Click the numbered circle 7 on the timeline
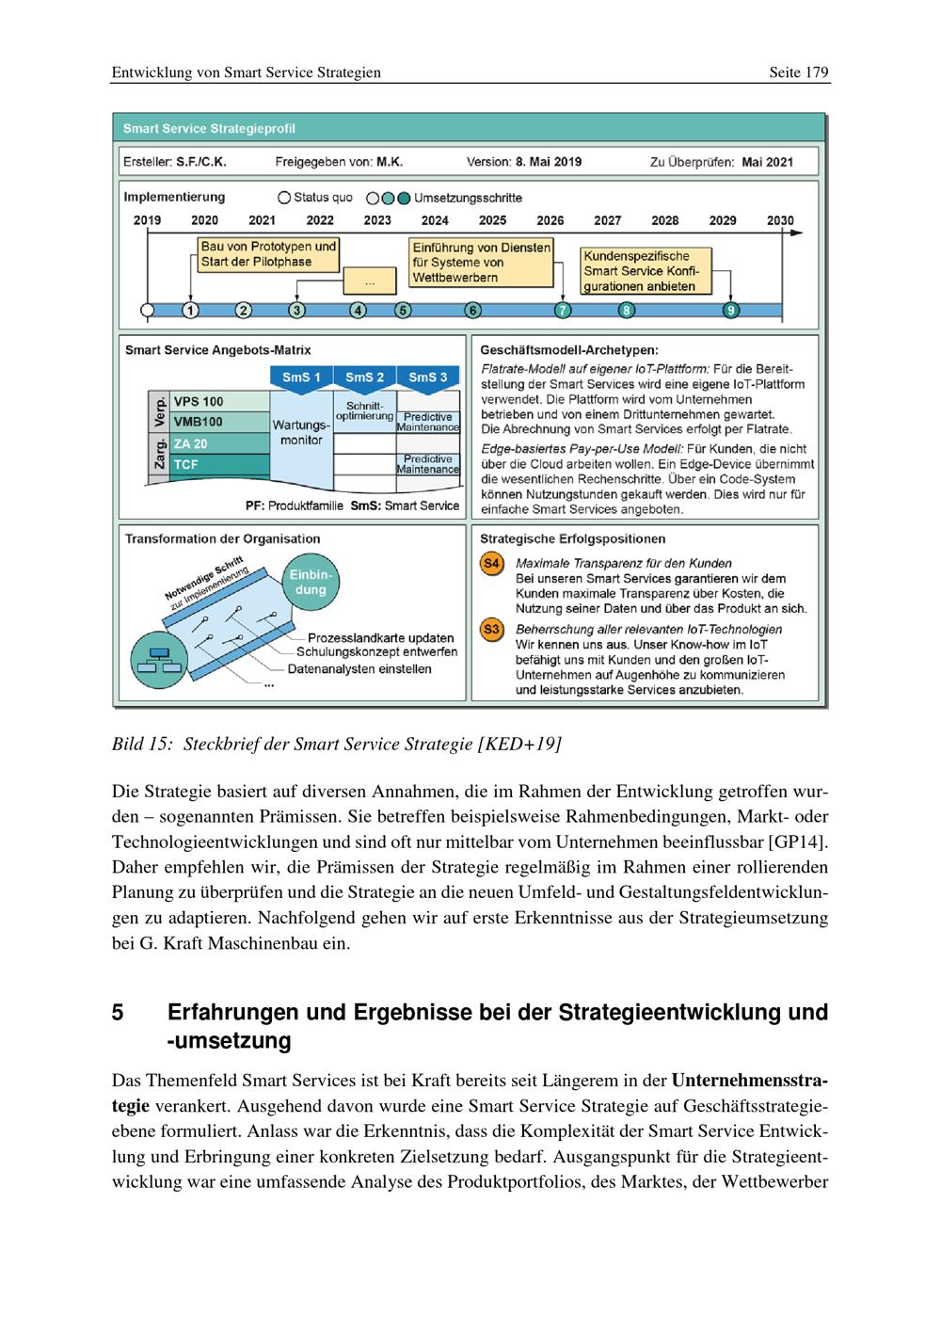point(563,310)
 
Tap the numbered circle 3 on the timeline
point(297,310)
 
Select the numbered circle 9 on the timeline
point(730,310)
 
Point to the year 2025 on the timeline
point(492,220)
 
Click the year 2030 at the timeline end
point(780,220)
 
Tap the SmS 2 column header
point(365,377)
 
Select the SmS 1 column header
point(301,377)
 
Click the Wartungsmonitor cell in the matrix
point(301,433)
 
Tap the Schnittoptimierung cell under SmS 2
point(365,410)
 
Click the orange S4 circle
point(491,564)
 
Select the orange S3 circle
point(491,630)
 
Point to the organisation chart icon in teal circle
point(154,659)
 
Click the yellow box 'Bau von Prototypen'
point(268,254)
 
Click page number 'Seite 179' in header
point(798,72)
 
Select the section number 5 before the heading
point(118,1013)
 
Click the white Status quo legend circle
point(284,199)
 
